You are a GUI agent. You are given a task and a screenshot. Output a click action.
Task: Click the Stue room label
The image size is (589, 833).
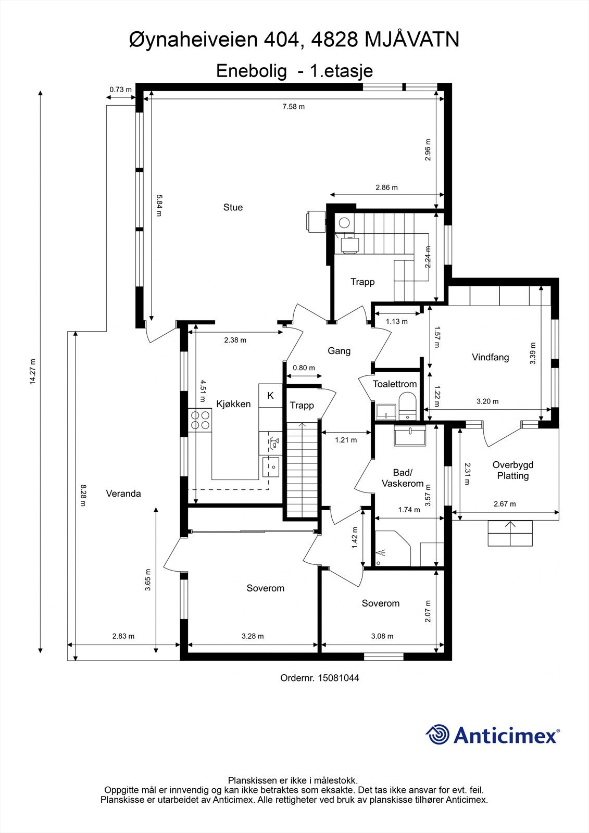pos(233,207)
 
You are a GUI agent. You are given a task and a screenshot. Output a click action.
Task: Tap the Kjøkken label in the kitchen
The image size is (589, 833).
pos(233,404)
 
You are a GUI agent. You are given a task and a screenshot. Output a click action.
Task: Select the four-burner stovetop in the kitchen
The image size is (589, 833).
pos(200,420)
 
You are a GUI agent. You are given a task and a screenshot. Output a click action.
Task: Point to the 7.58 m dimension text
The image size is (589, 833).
pos(294,107)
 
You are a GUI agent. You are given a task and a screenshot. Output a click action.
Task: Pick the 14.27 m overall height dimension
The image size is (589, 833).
pos(33,371)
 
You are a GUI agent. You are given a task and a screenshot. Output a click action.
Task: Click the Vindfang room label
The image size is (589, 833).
pos(491,357)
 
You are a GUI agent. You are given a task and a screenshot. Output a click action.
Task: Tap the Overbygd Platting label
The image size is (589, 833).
pos(513,470)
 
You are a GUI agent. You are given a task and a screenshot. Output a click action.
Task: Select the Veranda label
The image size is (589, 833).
pos(123,494)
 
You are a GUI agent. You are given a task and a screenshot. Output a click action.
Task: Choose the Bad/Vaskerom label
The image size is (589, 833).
pos(403,478)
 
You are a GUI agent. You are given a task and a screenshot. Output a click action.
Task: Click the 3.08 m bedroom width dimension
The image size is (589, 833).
pos(382,636)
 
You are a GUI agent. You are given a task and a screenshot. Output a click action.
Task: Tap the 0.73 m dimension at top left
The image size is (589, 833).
pos(120,89)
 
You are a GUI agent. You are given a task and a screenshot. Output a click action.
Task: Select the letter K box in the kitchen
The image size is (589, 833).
pos(270,396)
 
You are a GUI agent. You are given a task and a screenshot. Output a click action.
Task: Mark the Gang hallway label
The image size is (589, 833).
pos(339,351)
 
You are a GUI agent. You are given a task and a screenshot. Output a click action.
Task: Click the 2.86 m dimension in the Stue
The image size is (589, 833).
pos(386,187)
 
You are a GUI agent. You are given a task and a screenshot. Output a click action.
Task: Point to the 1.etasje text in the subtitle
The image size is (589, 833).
pos(342,71)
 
